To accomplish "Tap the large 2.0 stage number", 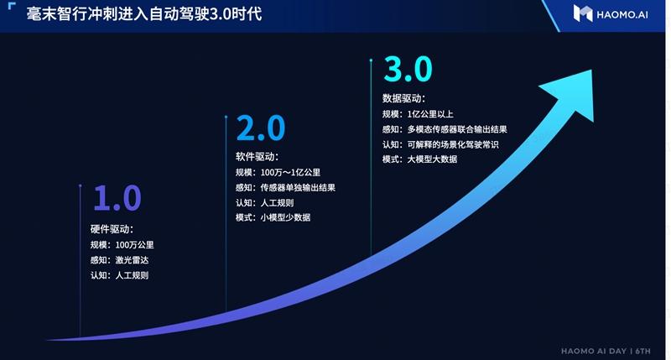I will coord(260,129).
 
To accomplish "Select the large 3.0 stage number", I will coord(407,68).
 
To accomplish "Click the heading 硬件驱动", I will coord(112,229).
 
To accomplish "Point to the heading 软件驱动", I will coord(257,157).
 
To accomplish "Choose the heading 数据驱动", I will coord(403,98).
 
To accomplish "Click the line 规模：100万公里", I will coord(122,245).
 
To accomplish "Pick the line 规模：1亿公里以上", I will coord(419,114).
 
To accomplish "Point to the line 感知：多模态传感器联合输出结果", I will coord(445,129).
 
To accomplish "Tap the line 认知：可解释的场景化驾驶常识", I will coord(440,144).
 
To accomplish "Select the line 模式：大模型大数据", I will coord(419,159).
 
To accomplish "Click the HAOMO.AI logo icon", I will coord(583,13).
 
